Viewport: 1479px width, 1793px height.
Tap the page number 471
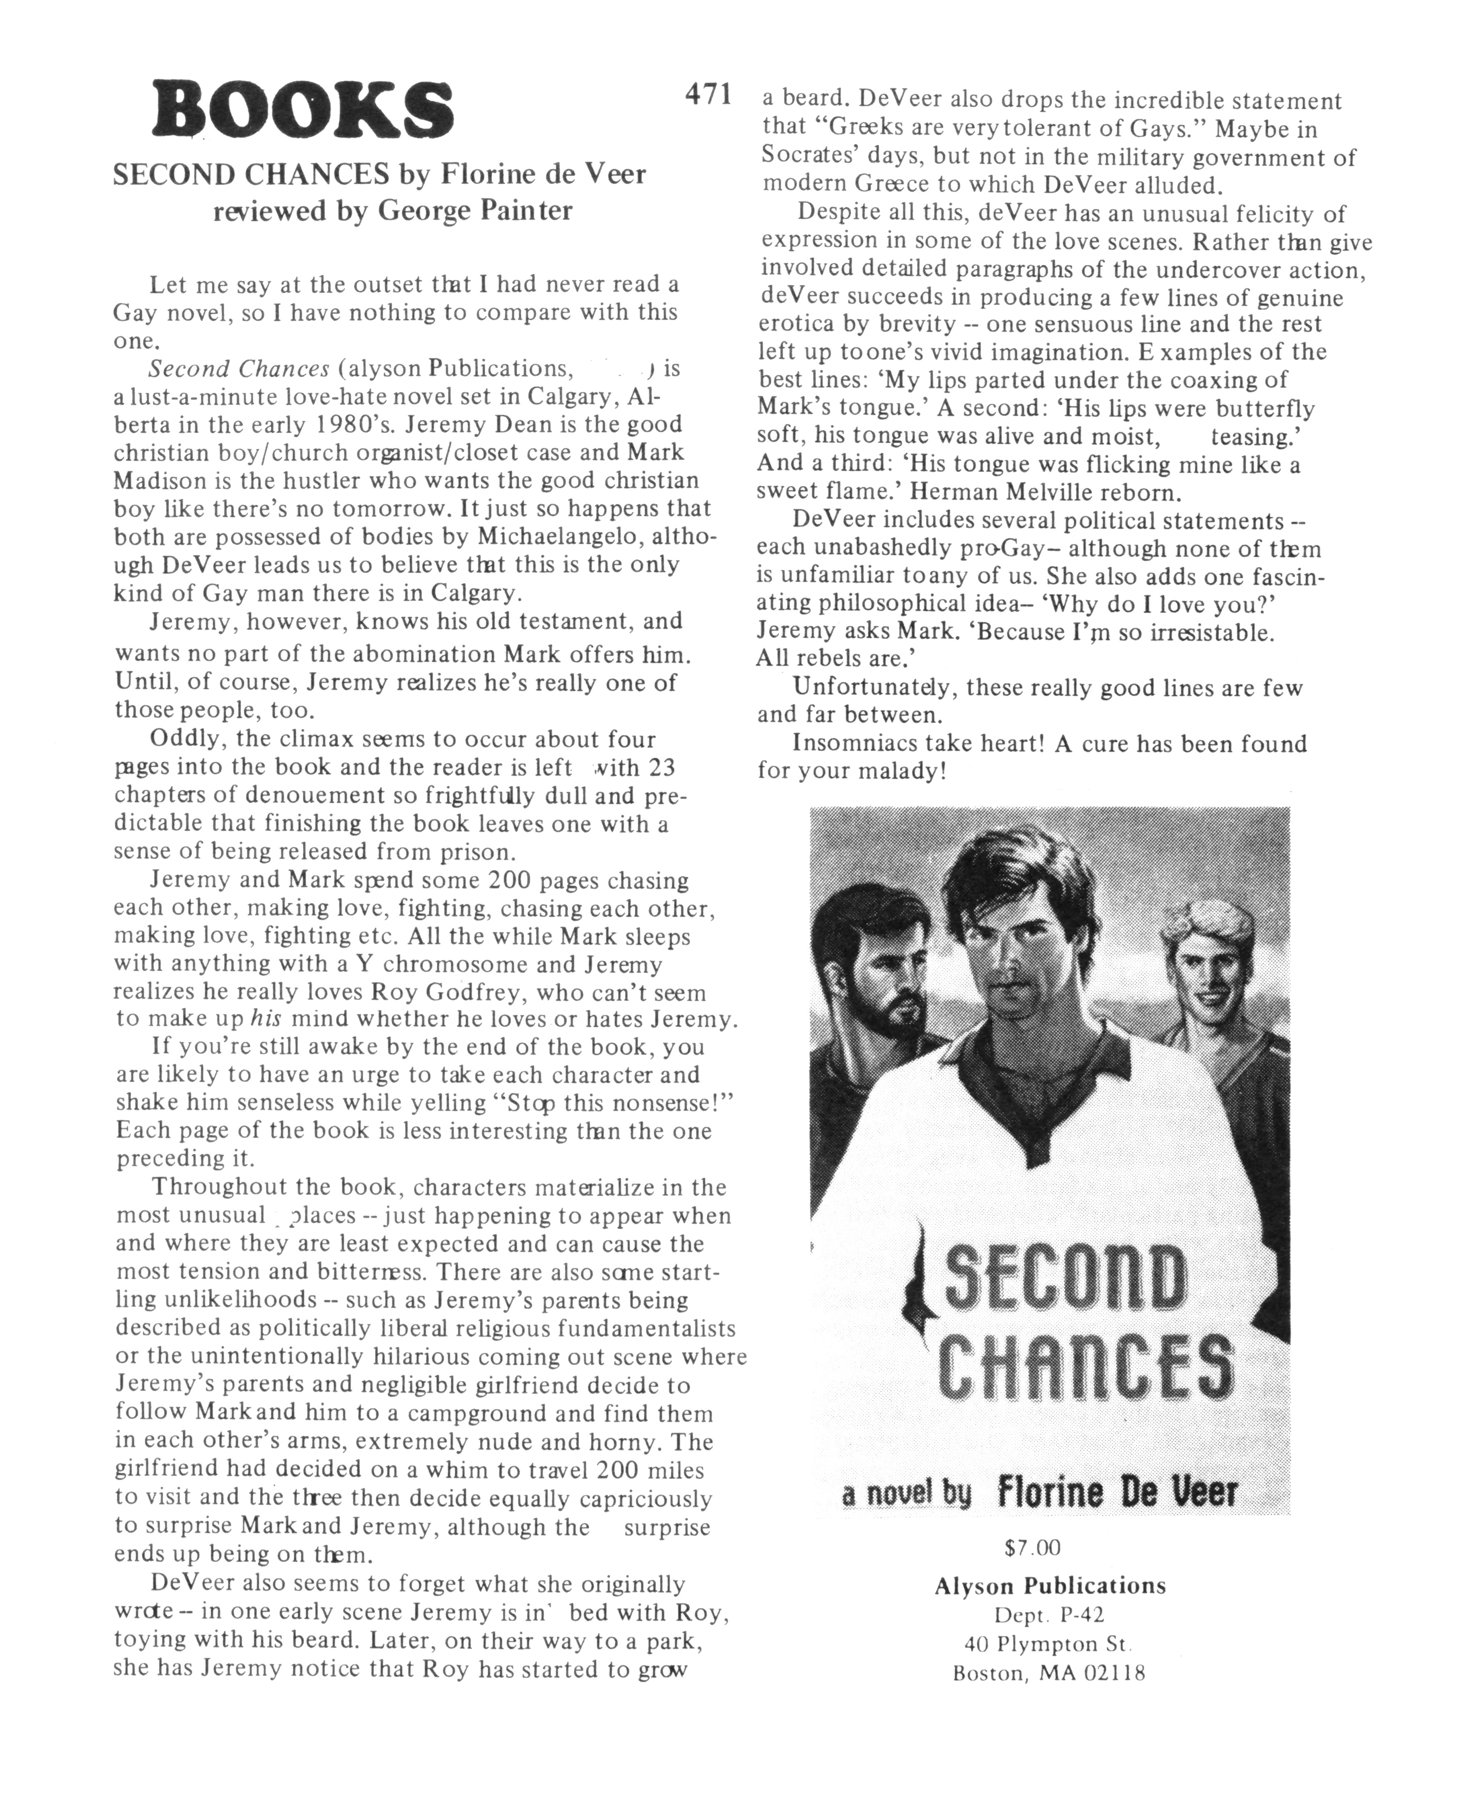[x=708, y=94]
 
